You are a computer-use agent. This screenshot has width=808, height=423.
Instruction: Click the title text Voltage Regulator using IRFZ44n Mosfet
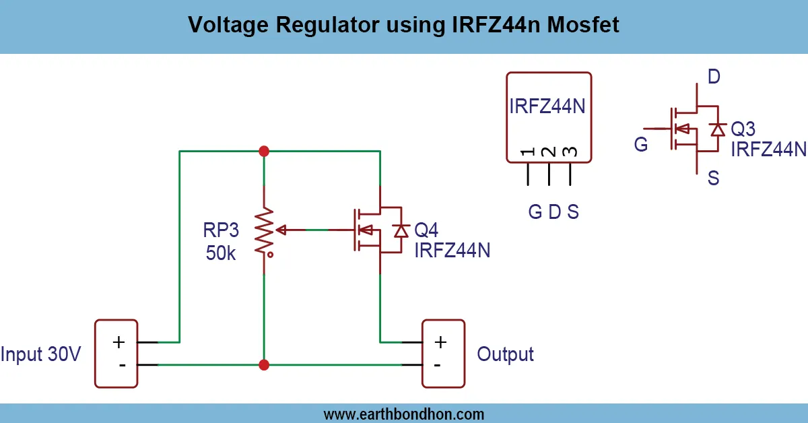[x=403, y=26]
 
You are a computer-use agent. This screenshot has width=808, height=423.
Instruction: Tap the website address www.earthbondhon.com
[x=403, y=414]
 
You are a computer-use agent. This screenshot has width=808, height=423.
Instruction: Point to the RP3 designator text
[x=221, y=231]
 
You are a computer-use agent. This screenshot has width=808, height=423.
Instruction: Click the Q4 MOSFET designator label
[x=426, y=230]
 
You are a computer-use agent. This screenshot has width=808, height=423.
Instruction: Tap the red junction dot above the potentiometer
[x=264, y=151]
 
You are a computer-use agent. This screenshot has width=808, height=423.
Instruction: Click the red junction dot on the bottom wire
[x=264, y=365]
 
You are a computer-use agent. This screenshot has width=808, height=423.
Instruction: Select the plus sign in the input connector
[x=119, y=341]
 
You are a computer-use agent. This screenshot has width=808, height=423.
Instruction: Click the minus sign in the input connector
[x=122, y=365]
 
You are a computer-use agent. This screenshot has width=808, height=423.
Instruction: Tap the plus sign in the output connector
[x=440, y=341]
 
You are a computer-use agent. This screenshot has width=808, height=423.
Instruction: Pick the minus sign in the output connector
[x=438, y=365]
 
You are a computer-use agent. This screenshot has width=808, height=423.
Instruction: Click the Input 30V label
[x=42, y=354]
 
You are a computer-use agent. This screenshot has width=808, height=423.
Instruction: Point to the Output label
[x=505, y=354]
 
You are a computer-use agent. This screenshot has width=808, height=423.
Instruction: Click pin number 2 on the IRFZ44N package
[x=549, y=152]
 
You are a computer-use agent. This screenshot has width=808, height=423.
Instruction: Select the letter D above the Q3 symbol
[x=714, y=77]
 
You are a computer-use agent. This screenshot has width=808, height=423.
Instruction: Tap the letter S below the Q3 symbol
[x=713, y=178]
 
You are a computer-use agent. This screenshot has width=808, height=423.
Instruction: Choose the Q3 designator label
[x=743, y=128]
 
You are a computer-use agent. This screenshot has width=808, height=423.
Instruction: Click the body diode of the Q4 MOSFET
[x=402, y=230]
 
